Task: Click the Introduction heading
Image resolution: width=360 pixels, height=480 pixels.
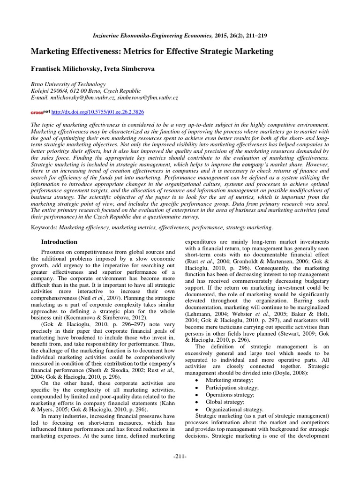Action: click(59, 242)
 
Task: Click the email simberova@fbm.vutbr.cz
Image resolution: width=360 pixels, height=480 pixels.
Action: click(145, 97)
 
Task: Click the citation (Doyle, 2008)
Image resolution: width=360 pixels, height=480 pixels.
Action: click(299, 372)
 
